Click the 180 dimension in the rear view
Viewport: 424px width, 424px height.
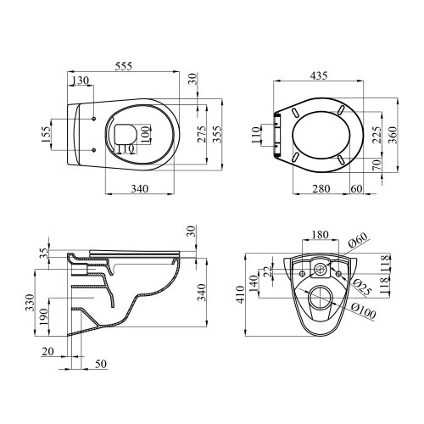click(320, 234)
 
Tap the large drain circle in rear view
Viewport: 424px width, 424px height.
click(320, 298)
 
